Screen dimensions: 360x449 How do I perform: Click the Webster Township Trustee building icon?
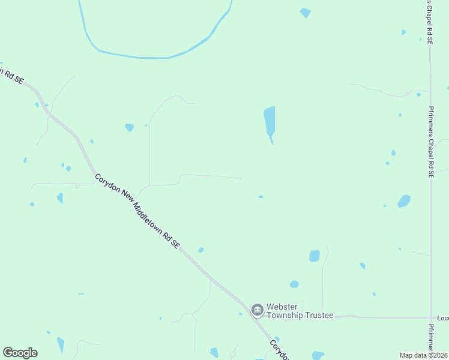[x=258, y=310]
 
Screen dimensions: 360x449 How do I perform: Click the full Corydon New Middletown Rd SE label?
[x=137, y=211]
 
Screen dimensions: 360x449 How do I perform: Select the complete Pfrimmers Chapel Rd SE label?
[x=431, y=142]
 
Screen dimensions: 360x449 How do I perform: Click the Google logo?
[x=20, y=353]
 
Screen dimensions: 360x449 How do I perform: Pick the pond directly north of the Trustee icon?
[x=294, y=284]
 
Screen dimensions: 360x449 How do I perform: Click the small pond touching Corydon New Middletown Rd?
[x=201, y=250]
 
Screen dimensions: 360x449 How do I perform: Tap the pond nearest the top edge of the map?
[x=306, y=12]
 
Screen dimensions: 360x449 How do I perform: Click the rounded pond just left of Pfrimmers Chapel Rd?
[x=404, y=201]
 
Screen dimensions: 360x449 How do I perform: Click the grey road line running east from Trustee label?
[x=384, y=316]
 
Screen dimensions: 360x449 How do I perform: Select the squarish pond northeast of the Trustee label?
[x=315, y=256]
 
